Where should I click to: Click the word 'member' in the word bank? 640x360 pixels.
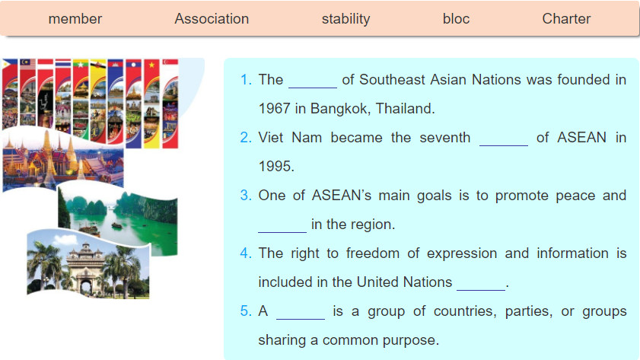(x=75, y=19)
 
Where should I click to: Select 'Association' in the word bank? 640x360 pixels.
(x=212, y=19)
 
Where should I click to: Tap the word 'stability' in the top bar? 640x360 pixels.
(x=345, y=19)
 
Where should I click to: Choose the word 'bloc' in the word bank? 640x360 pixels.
(x=456, y=19)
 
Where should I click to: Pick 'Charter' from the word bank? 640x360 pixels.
(x=566, y=19)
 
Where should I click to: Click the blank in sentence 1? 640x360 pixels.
(x=313, y=87)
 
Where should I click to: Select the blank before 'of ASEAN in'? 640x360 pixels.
(x=503, y=145)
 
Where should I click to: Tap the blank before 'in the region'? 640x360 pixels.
(x=282, y=232)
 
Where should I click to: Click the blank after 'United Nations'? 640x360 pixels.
(x=481, y=290)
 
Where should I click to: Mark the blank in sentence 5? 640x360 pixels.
(x=301, y=319)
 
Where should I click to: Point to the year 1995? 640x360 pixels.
(x=276, y=167)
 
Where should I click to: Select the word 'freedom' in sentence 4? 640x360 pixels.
(x=373, y=253)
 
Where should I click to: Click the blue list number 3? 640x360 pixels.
(x=245, y=196)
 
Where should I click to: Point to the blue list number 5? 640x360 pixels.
(x=245, y=311)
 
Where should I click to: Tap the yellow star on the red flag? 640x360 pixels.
(x=152, y=65)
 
